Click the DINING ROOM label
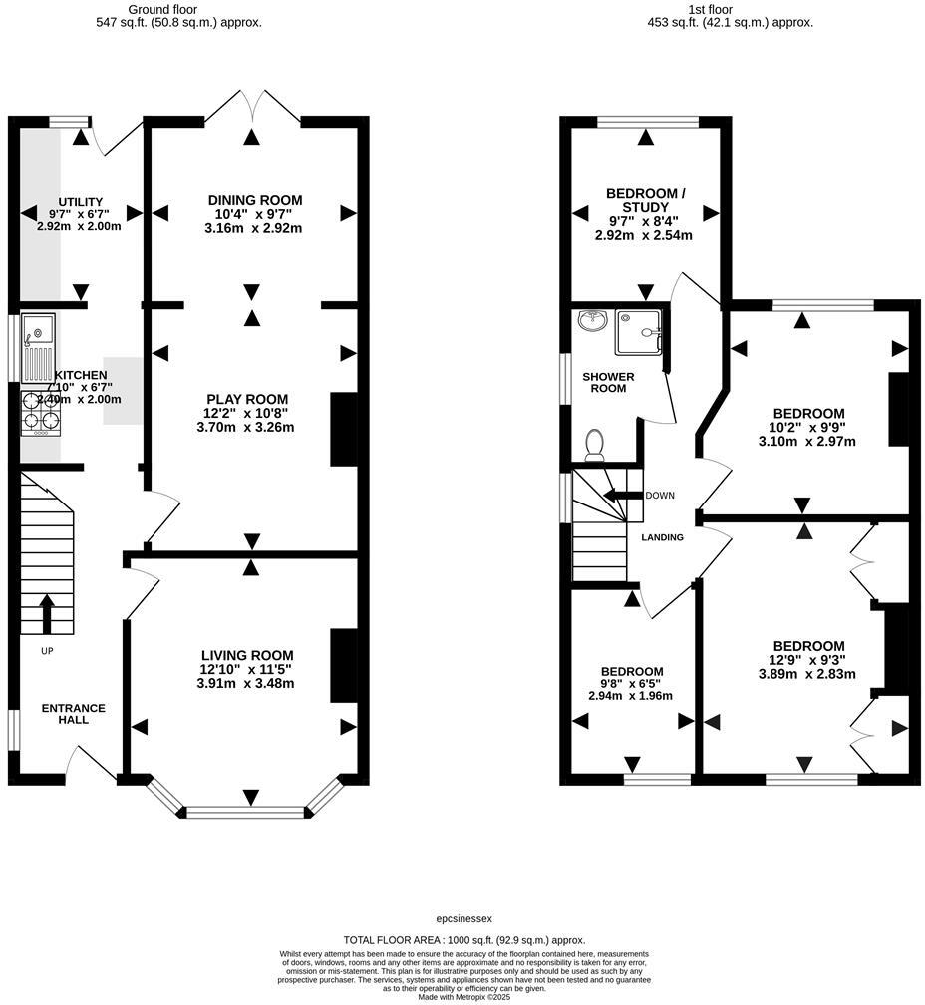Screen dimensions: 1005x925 (x=255, y=200)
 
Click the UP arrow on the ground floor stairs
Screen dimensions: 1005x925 (x=46, y=614)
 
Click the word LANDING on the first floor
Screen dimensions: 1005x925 (x=662, y=537)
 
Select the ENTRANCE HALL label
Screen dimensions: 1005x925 (x=73, y=714)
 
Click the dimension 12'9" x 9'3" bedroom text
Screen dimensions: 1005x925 (x=806, y=660)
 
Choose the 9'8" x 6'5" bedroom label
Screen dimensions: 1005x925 (x=632, y=684)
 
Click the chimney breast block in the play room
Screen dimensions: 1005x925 (x=343, y=430)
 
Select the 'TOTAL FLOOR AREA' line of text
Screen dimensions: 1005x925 (x=463, y=939)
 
